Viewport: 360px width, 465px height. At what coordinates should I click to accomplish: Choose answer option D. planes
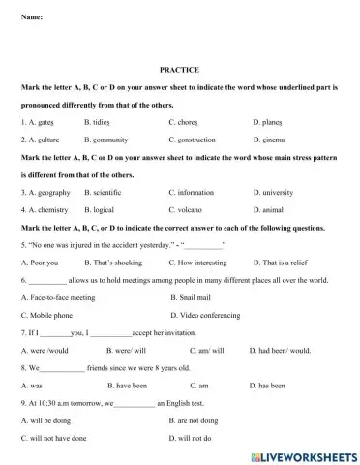(x=271, y=123)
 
